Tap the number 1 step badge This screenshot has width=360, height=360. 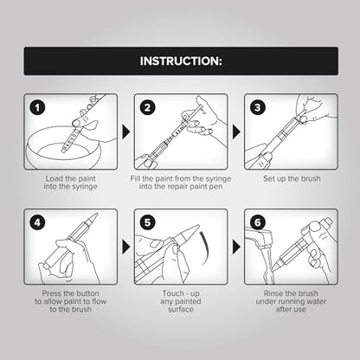tap(37, 108)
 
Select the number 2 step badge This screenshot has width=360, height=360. tap(147, 108)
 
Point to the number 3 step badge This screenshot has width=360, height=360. tap(258, 108)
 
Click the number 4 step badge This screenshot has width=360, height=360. tap(37, 222)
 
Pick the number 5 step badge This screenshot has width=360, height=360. tap(147, 222)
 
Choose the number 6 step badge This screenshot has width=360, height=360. tap(258, 222)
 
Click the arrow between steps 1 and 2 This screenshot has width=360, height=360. tap(125, 132)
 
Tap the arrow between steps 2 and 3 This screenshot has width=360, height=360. tap(236, 132)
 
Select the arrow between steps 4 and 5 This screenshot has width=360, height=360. tap(125, 247)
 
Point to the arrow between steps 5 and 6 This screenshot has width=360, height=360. tap(236, 247)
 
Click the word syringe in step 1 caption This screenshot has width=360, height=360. tap(83, 187)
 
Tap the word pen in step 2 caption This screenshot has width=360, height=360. tap(216, 187)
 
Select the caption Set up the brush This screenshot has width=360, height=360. tap(292, 179)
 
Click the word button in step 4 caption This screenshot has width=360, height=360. tap(87, 293)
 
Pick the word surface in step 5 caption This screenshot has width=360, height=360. tap(181, 310)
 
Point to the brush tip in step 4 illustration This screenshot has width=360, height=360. tap(94, 217)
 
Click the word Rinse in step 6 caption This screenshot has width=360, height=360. tap(273, 293)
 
